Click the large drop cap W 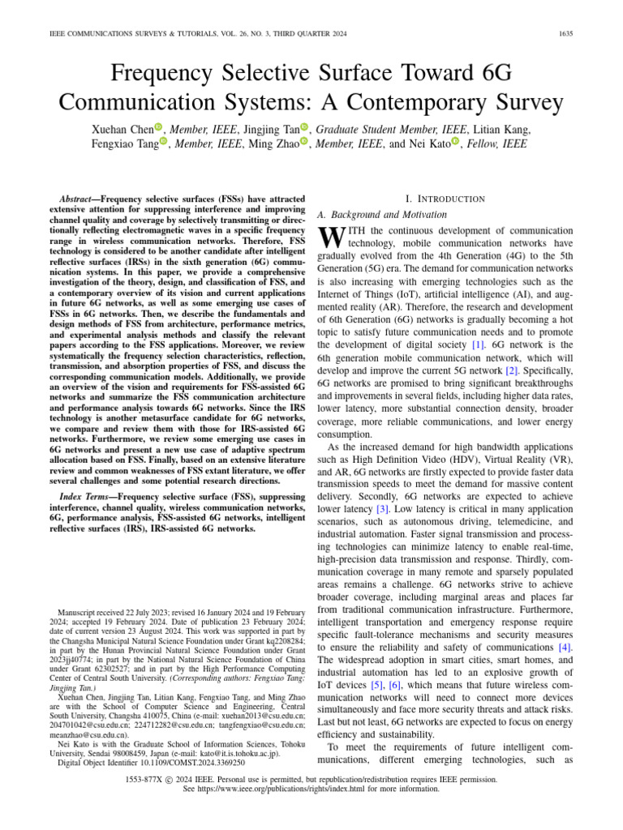333,237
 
